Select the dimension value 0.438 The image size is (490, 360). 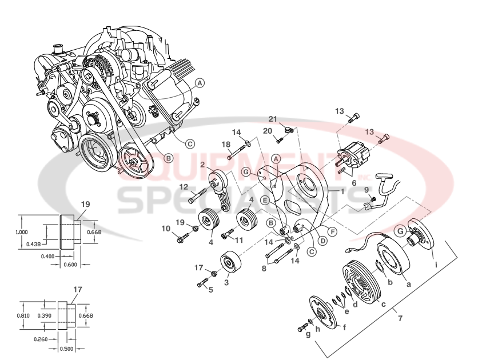pos(33,243)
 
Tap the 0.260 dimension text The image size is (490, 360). pos(40,339)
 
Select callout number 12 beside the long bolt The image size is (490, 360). pos(183,186)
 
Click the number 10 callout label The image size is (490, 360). pos(166,229)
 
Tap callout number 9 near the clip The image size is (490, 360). pos(366,189)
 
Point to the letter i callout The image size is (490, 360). pos(436,265)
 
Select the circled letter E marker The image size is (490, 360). pos(265,200)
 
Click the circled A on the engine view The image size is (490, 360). pos(199,82)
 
